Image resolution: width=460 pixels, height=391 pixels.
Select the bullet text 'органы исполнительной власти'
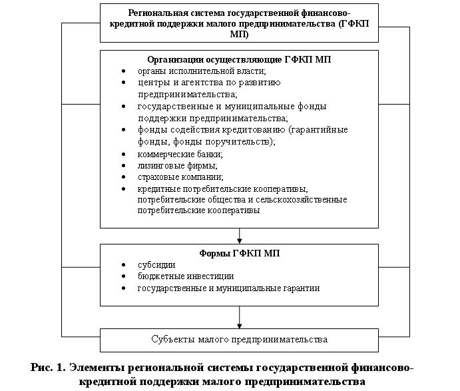pyautogui.click(x=202, y=71)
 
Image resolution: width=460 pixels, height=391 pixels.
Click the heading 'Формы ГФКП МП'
pyautogui.click(x=239, y=253)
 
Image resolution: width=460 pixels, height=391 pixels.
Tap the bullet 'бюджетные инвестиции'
pyautogui.click(x=186, y=276)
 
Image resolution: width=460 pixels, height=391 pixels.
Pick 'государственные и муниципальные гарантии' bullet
pyautogui.click(x=228, y=288)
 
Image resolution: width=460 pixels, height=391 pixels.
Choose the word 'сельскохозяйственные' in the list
pyautogui.click(x=302, y=199)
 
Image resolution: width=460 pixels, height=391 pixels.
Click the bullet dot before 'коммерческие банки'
pyautogui.click(x=123, y=155)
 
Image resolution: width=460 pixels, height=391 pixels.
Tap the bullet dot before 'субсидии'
pyautogui.click(x=123, y=265)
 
